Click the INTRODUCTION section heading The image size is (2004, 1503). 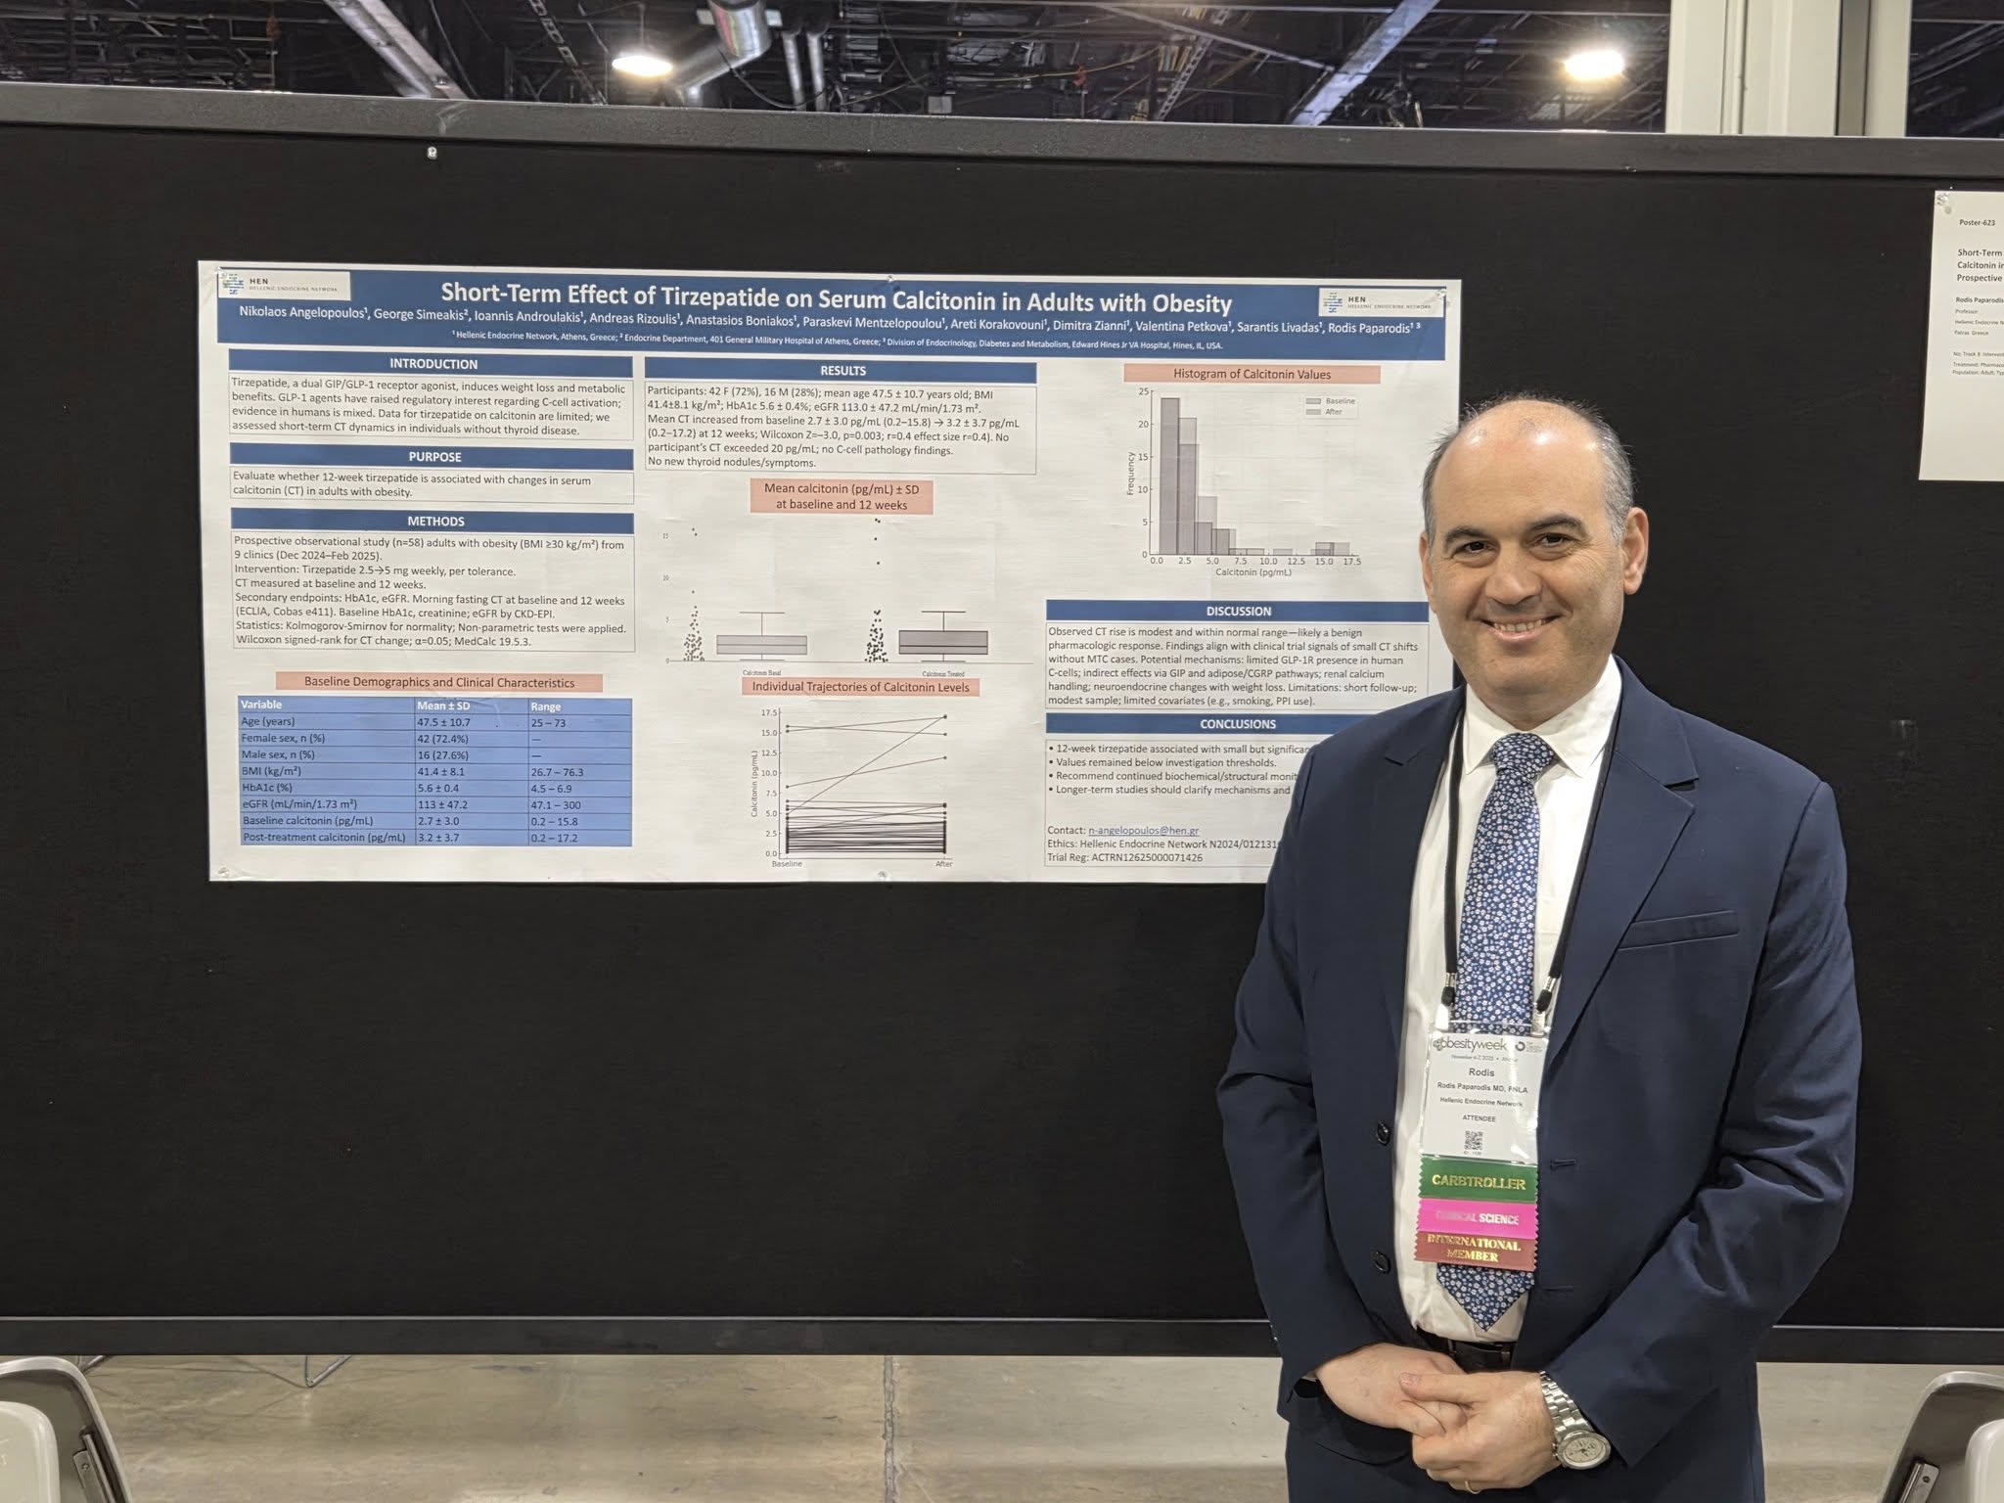tap(433, 363)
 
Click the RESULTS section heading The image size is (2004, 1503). tap(843, 371)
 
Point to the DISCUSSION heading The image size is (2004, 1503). tap(1238, 612)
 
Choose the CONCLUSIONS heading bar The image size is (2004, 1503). tap(1238, 724)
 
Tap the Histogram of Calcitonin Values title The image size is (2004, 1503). tap(1251, 374)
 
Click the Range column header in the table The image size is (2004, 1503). tap(546, 706)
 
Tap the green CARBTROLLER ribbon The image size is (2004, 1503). tap(1478, 1182)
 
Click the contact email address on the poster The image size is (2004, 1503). tap(1143, 831)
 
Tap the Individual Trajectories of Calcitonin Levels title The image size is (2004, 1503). tap(860, 687)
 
